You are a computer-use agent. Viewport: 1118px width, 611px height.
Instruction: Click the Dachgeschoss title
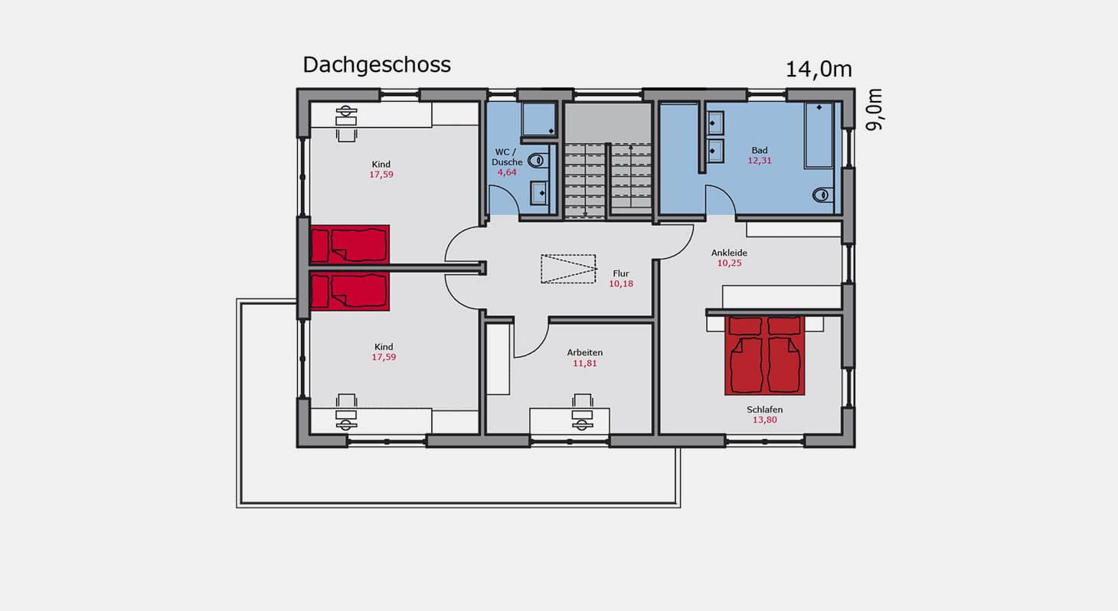click(x=377, y=65)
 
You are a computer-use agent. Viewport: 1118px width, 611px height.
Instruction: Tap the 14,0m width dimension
click(x=819, y=70)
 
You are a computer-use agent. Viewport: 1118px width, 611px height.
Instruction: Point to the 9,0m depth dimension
click(x=874, y=109)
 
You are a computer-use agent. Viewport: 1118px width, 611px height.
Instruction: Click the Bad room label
click(x=760, y=150)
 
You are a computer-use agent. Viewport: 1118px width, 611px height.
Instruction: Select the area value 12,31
click(x=760, y=161)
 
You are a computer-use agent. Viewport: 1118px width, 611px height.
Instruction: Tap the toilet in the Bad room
click(x=822, y=194)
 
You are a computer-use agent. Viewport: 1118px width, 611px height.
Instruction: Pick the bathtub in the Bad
click(x=819, y=136)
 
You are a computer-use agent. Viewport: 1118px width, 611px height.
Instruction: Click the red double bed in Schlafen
click(x=765, y=355)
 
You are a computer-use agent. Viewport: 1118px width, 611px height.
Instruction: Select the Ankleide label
click(x=729, y=253)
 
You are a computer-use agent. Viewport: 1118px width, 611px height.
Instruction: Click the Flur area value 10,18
click(x=621, y=284)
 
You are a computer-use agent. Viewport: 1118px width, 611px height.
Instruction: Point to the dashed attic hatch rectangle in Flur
click(x=568, y=269)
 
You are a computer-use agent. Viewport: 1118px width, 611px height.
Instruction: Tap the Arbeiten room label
click(x=585, y=352)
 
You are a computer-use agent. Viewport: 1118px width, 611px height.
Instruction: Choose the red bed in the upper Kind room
click(x=349, y=244)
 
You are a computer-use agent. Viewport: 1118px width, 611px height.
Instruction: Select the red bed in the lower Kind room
click(x=349, y=292)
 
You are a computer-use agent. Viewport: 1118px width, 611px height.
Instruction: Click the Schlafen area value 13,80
click(x=765, y=420)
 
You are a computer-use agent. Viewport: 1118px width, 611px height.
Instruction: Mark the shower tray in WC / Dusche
click(x=538, y=119)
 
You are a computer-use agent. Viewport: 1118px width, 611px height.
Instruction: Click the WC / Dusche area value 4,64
click(x=507, y=173)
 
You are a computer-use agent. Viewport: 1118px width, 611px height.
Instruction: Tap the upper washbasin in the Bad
click(x=715, y=123)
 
